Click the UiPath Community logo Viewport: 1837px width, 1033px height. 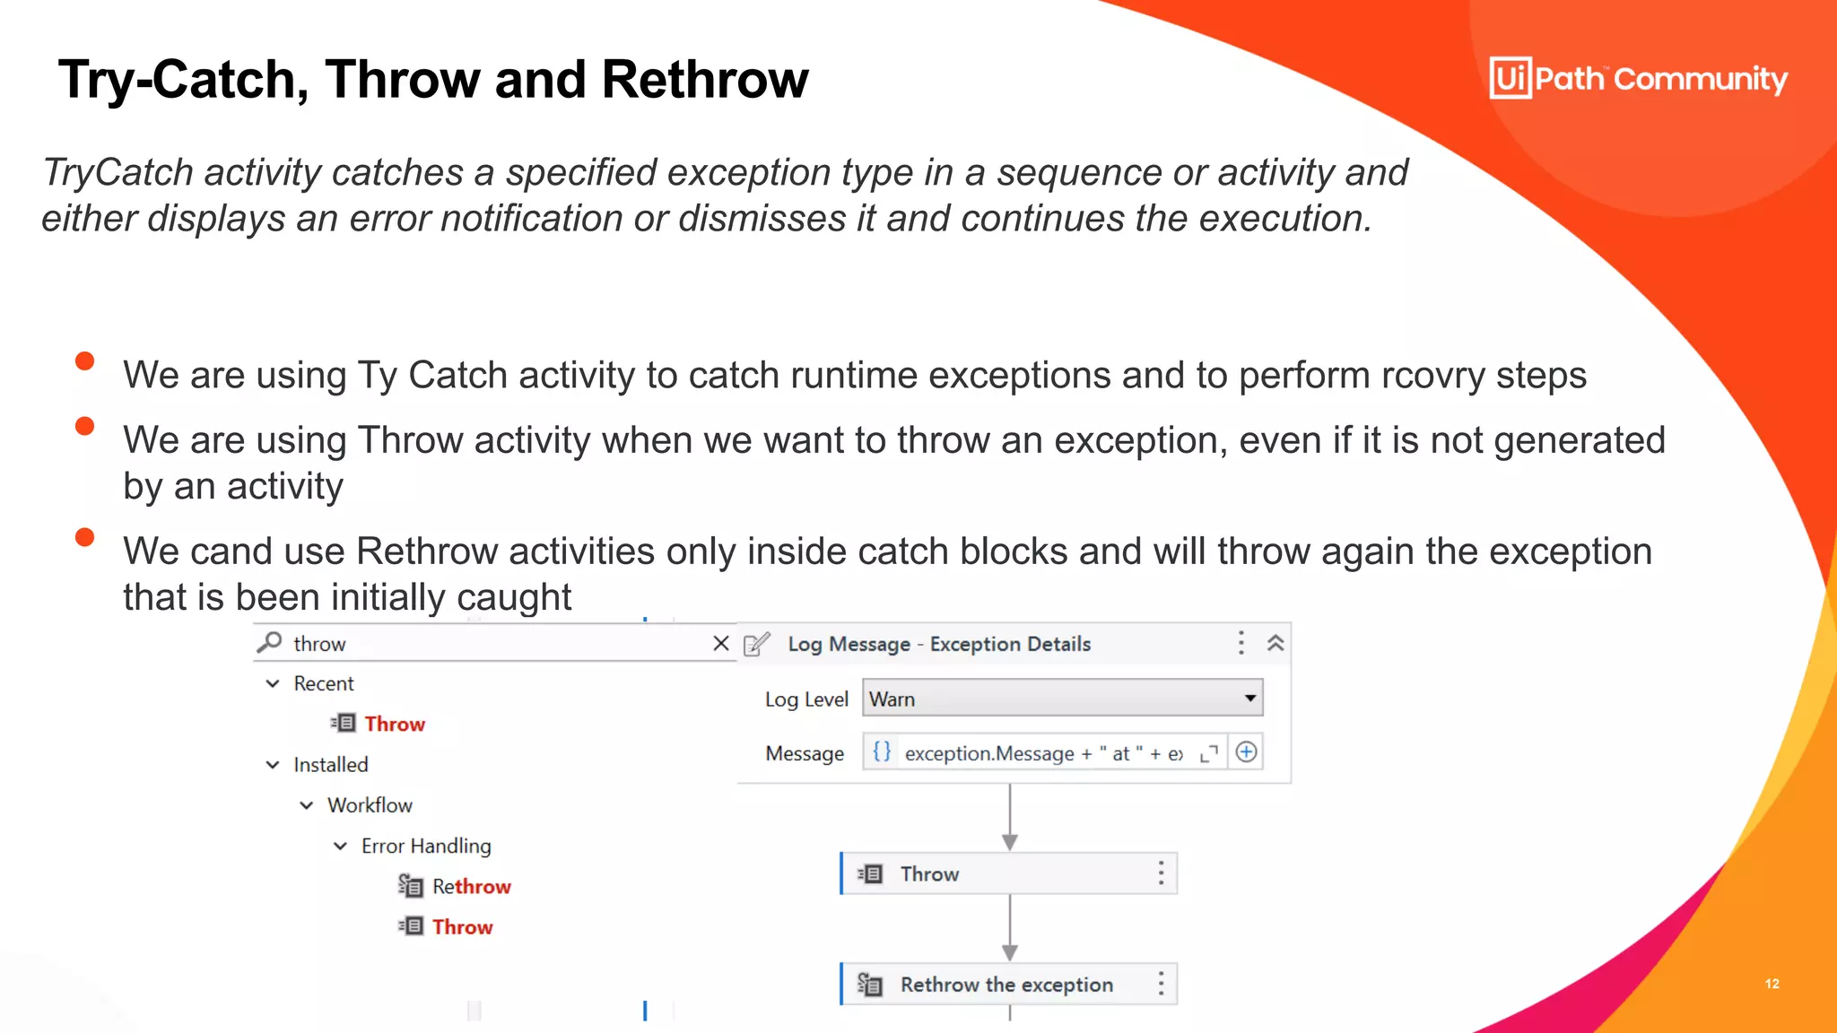1638,79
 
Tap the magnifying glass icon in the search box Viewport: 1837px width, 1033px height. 269,643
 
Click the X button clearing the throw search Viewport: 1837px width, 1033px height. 720,643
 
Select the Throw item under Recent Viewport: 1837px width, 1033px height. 394,724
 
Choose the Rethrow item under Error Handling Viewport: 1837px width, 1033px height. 471,886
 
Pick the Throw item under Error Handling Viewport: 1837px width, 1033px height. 462,926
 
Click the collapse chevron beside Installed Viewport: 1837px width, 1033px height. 273,765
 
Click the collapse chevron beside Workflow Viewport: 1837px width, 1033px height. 307,805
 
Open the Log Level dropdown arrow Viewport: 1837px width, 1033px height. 1249,699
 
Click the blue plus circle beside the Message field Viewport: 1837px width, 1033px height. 1246,752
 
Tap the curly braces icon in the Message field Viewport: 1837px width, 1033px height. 882,752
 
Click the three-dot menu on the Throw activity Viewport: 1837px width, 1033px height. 1161,873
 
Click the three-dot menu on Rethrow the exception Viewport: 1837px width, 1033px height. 1161,985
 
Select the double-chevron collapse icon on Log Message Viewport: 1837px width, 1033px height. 1275,643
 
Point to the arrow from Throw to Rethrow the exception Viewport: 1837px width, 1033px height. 1010,929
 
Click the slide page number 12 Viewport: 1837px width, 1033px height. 1772,984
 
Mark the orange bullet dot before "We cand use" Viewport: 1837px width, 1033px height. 85,537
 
